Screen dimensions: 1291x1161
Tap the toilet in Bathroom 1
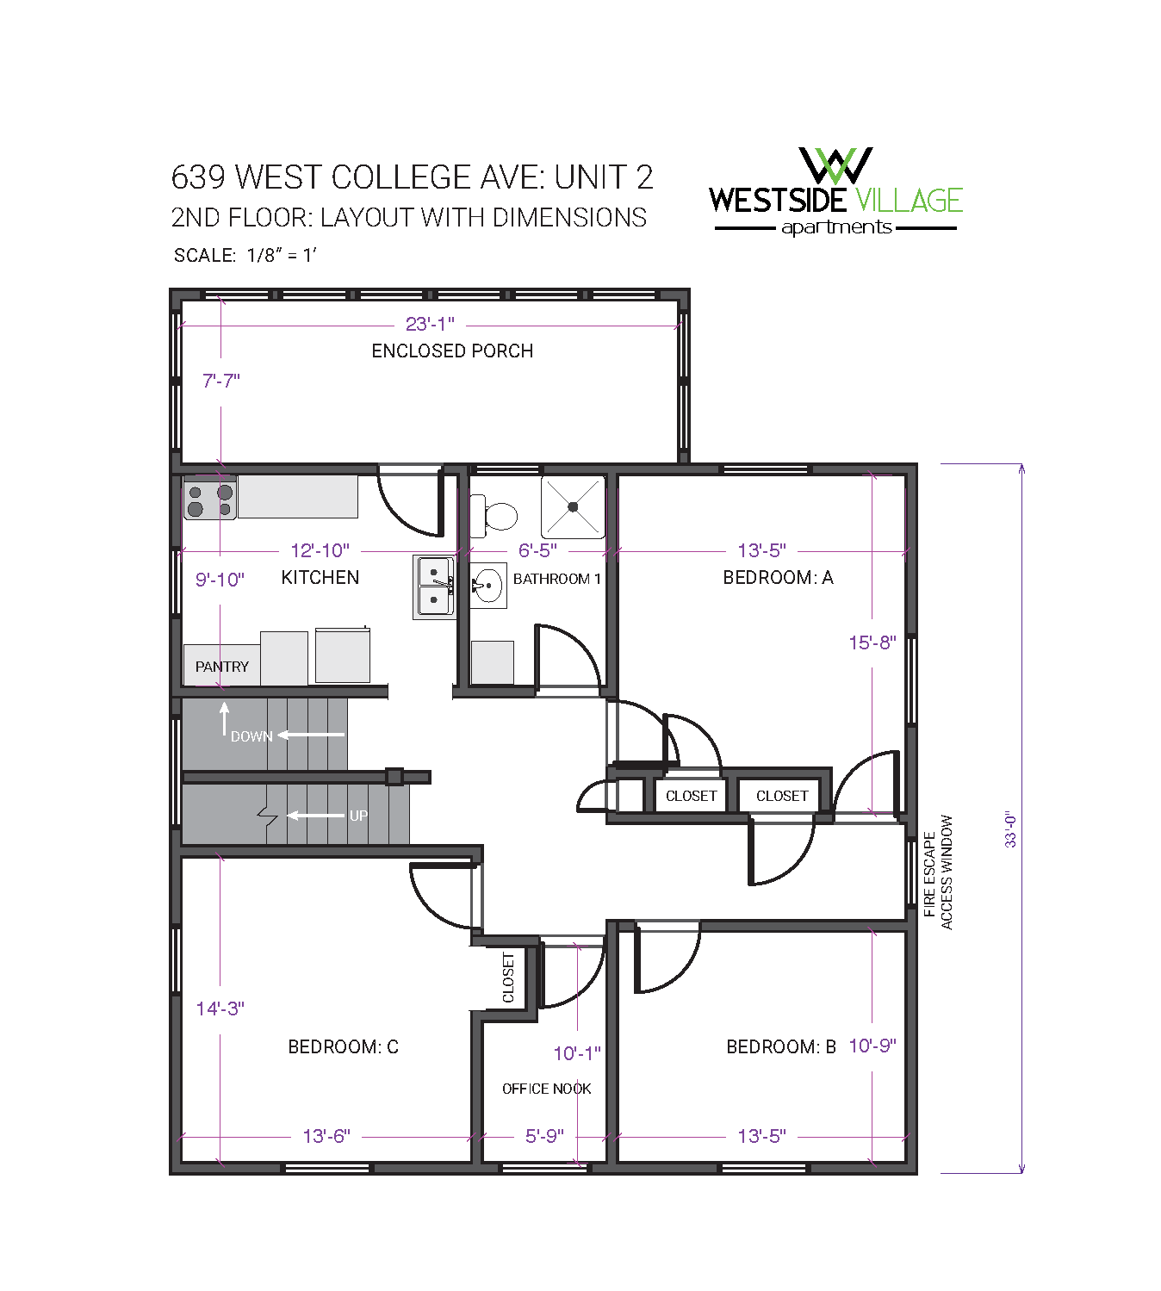497,516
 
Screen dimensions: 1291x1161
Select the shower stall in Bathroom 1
573,507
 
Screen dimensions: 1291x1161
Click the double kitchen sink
435,587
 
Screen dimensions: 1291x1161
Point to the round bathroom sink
488,587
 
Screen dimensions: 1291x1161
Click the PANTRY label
221,667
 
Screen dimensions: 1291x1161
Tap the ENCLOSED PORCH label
452,351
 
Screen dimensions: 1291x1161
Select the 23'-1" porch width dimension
430,325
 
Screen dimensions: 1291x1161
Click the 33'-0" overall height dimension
1011,829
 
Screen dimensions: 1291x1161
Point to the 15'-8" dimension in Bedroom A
872,642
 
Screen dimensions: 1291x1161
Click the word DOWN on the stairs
251,736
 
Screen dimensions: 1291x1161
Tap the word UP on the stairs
358,816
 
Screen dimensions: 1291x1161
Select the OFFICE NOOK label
546,1089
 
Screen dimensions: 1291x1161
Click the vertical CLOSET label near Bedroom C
508,978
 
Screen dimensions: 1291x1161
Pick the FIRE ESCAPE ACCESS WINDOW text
938,872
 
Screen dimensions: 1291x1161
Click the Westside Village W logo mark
835,165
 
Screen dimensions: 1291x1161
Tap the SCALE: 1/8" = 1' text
245,256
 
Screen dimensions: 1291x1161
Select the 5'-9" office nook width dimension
544,1137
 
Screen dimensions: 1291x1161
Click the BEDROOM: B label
781,1047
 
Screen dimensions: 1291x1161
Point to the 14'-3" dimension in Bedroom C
220,1009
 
